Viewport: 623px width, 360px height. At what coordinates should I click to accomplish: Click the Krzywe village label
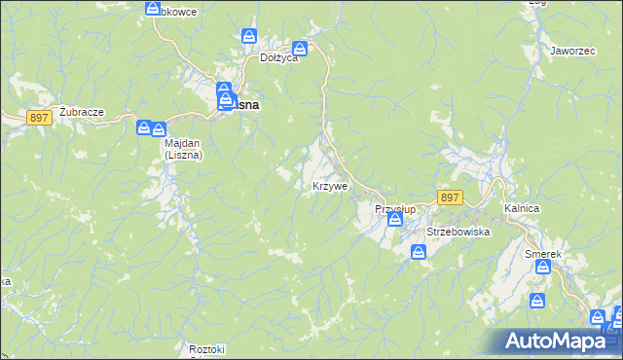(x=329, y=186)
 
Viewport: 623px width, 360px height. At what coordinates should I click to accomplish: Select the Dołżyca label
(x=277, y=57)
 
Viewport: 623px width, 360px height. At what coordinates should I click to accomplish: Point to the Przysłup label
(x=395, y=209)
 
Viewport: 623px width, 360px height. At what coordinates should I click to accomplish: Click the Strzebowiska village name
(x=458, y=233)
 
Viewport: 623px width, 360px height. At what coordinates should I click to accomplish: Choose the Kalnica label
(x=522, y=209)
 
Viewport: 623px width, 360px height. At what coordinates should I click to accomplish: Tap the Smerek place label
(x=543, y=254)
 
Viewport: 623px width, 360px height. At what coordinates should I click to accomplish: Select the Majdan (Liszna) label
(x=182, y=148)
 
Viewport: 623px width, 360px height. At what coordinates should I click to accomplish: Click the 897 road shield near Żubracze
(x=40, y=117)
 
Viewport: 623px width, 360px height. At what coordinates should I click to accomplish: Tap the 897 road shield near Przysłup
(x=449, y=198)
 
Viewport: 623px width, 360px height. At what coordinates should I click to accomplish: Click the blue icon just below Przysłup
(x=394, y=221)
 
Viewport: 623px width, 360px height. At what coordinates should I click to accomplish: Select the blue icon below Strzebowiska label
(x=418, y=253)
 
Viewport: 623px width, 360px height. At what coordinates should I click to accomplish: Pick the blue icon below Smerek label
(x=537, y=301)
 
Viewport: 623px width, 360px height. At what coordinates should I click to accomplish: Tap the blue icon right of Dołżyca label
(x=301, y=49)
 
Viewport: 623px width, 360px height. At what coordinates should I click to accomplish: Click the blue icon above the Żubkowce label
(x=153, y=8)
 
